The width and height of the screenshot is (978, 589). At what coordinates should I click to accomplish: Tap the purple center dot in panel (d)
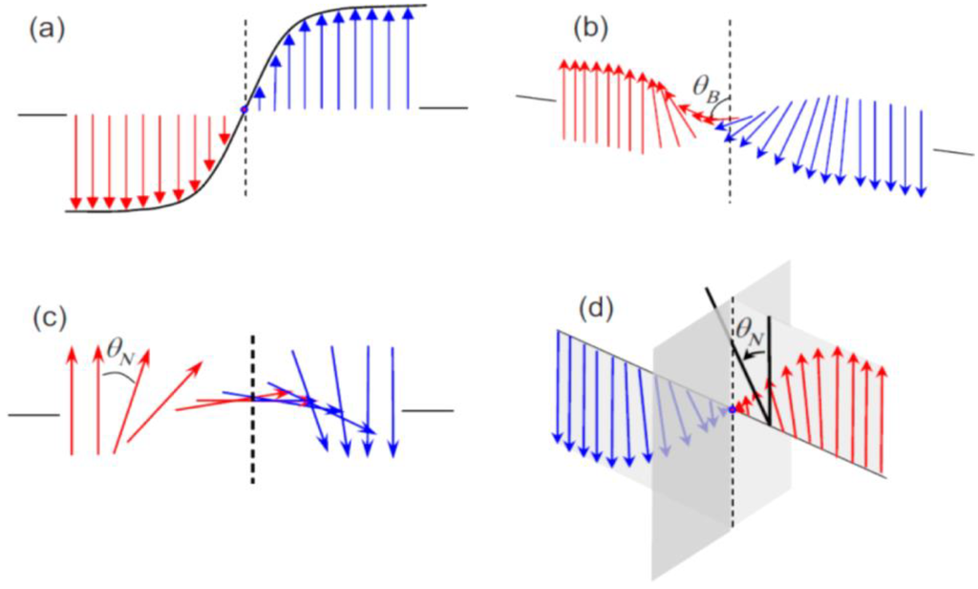732,410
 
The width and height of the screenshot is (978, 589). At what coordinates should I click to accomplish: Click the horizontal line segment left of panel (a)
42,115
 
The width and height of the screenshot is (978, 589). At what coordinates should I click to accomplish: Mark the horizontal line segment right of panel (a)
444,108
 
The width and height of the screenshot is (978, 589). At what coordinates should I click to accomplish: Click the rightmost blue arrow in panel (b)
922,153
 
